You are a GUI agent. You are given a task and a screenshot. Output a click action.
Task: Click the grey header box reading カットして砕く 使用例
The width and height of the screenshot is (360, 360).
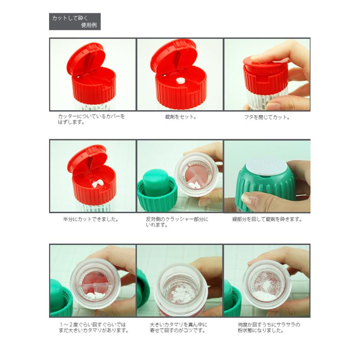point(75,21)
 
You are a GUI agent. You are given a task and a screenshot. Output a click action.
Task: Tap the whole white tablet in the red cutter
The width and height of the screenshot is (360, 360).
point(181,81)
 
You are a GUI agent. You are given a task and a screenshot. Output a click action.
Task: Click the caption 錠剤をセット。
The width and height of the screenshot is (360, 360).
point(181,117)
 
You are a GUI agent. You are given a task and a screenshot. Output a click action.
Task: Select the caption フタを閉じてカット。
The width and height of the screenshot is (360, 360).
point(267,117)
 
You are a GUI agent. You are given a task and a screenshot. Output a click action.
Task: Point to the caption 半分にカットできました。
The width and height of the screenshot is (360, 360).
point(91,219)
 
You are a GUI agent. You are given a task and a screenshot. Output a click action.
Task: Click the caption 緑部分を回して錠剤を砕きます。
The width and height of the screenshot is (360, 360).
point(267,219)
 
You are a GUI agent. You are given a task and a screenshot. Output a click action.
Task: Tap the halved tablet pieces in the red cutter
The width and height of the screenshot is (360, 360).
point(98,184)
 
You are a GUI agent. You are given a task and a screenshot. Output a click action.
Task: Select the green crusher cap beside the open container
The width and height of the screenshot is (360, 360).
point(157,190)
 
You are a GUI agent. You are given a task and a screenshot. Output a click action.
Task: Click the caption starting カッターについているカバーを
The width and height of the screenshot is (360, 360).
point(91,119)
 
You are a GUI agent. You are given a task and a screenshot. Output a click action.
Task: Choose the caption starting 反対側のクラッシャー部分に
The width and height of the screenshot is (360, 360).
point(177,222)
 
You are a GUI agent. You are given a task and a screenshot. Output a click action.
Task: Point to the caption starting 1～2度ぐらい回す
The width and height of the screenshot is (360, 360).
point(94,328)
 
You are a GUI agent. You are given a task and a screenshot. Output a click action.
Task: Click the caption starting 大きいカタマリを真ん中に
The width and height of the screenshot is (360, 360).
point(178,328)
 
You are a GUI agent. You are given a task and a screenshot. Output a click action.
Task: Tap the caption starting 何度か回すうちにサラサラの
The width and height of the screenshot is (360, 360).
point(269,328)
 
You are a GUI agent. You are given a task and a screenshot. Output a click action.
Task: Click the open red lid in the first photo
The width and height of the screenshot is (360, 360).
point(86,59)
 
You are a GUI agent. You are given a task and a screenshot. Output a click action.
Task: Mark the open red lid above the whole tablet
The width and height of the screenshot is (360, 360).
point(174,57)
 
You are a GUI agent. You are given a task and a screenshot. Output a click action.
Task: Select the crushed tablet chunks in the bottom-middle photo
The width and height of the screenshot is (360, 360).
point(181,293)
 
